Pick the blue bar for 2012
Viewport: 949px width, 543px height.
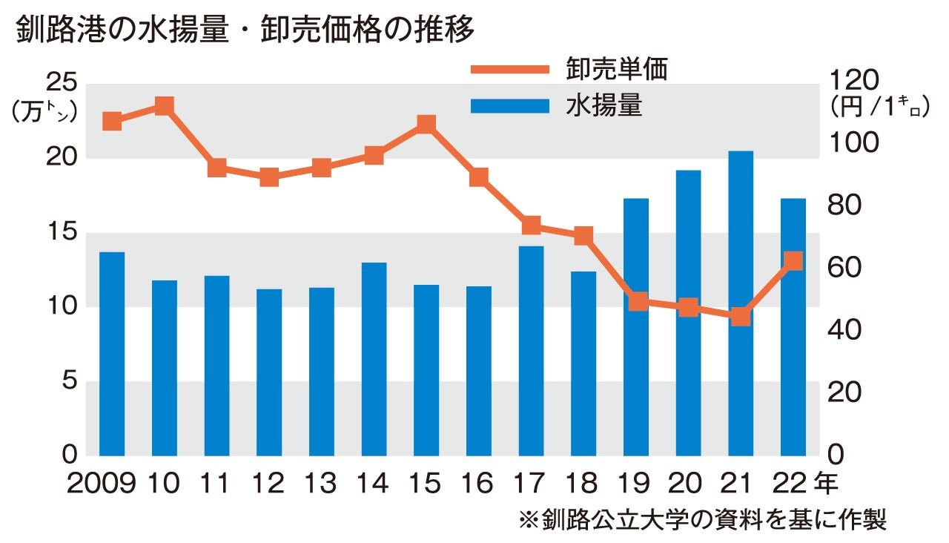coord(269,372)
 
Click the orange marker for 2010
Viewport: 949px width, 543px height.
coord(165,106)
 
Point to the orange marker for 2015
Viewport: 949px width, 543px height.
coord(426,124)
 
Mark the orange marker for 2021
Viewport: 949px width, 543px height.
coord(741,317)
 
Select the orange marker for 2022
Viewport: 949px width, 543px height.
coord(793,260)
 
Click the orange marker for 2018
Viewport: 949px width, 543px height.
coord(583,236)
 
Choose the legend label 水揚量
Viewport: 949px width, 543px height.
coord(604,105)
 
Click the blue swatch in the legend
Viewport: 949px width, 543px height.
coord(509,105)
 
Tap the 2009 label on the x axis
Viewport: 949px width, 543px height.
coord(102,484)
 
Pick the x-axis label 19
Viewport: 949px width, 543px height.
coord(635,484)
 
